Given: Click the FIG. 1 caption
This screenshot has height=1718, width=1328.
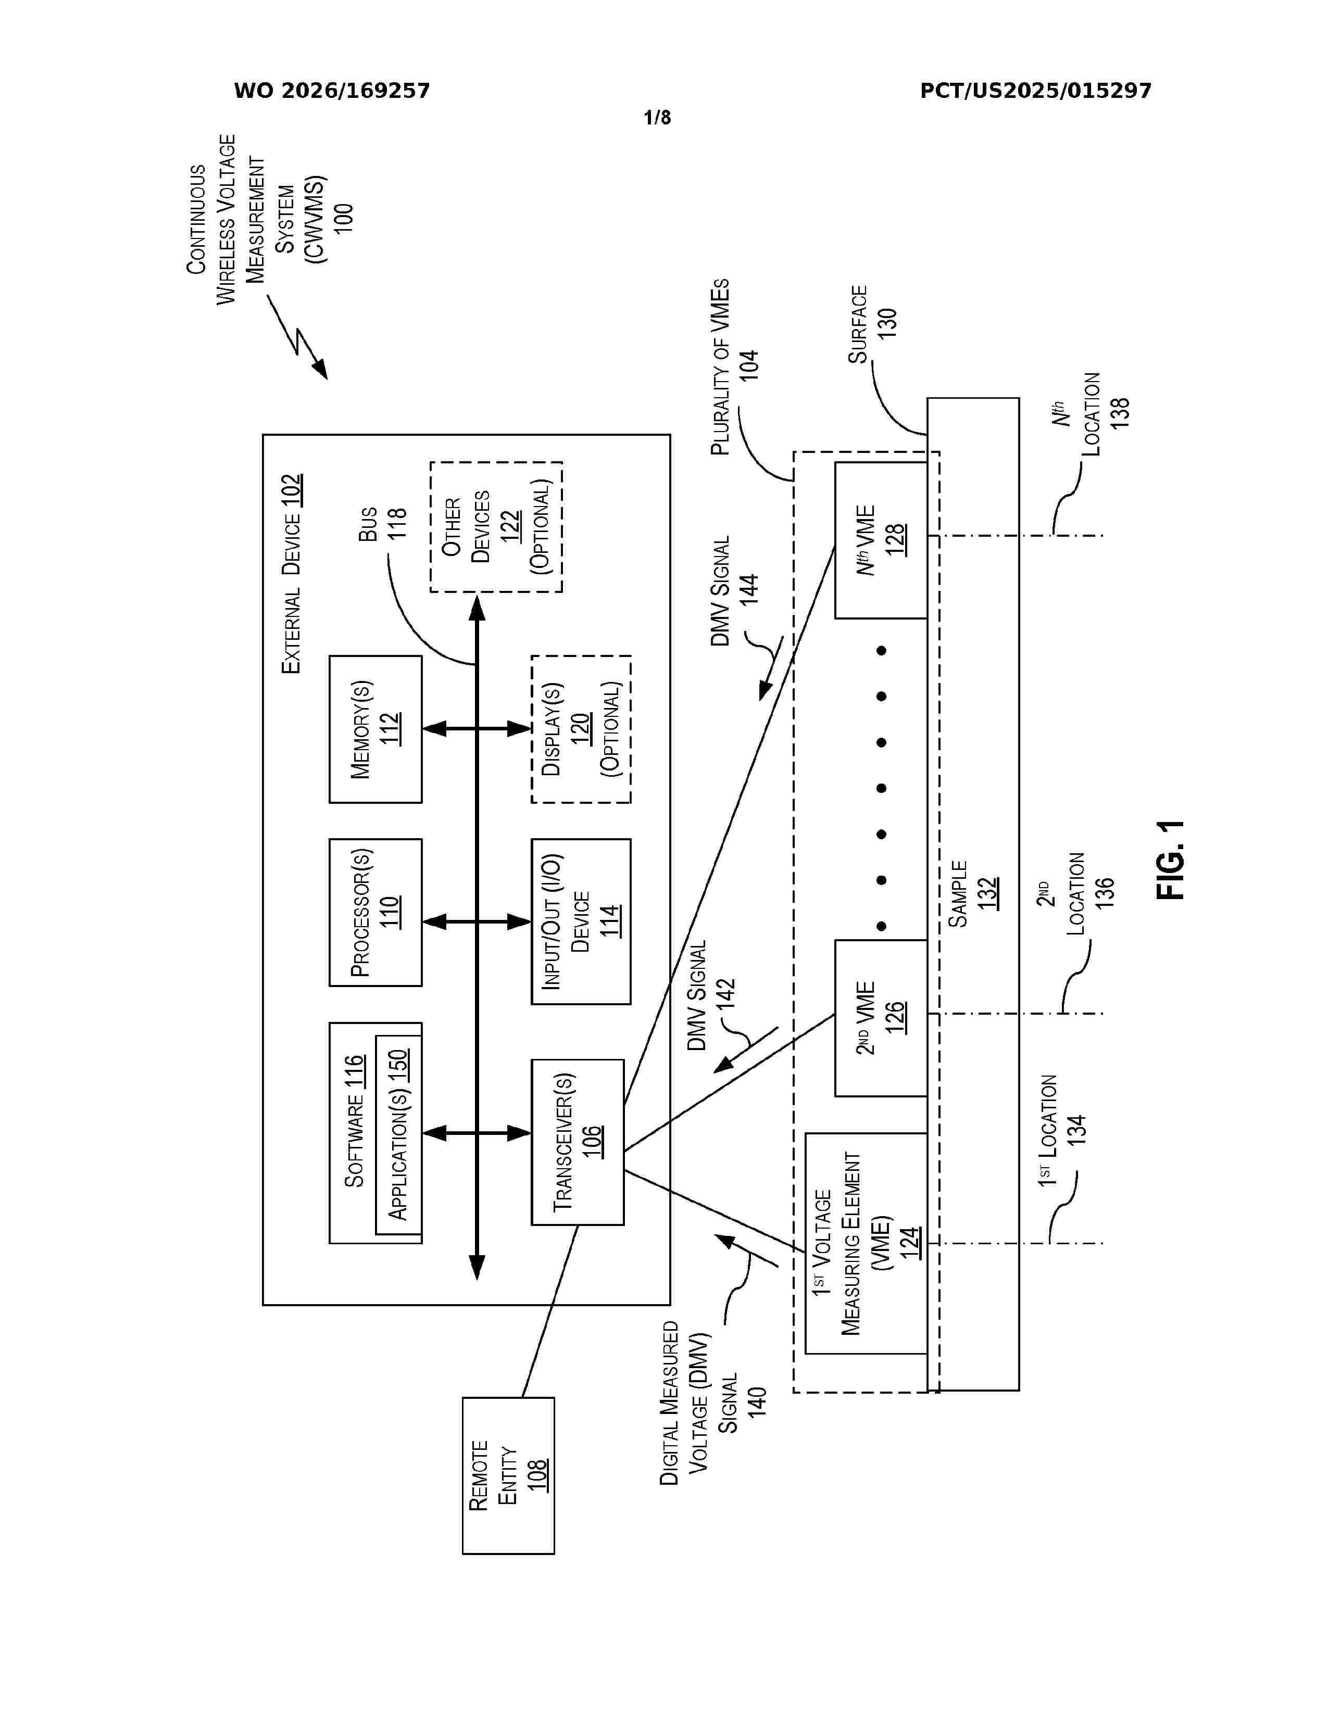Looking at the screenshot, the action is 1171,860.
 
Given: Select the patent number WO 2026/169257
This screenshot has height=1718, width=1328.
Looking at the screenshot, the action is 332,91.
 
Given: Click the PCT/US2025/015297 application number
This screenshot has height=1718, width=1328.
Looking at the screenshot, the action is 1035,91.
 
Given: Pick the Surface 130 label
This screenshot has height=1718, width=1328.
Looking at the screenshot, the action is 872,324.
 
